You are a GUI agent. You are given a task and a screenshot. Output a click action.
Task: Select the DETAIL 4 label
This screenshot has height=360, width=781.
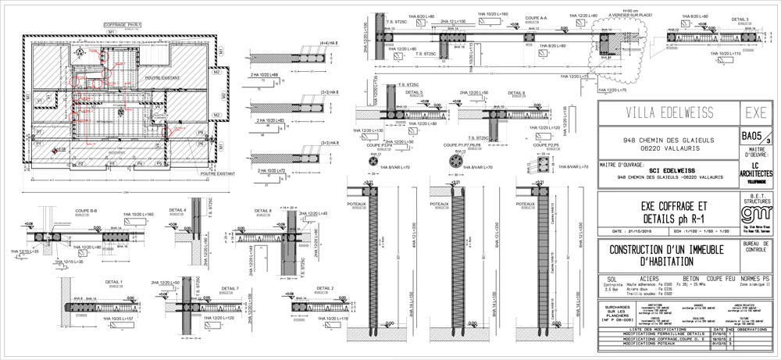pos(179,210)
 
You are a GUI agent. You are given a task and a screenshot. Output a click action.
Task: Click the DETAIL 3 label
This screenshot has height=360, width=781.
pos(740,19)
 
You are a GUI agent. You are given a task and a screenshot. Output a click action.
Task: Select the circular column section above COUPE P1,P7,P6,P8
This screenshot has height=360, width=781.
pos(454,162)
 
